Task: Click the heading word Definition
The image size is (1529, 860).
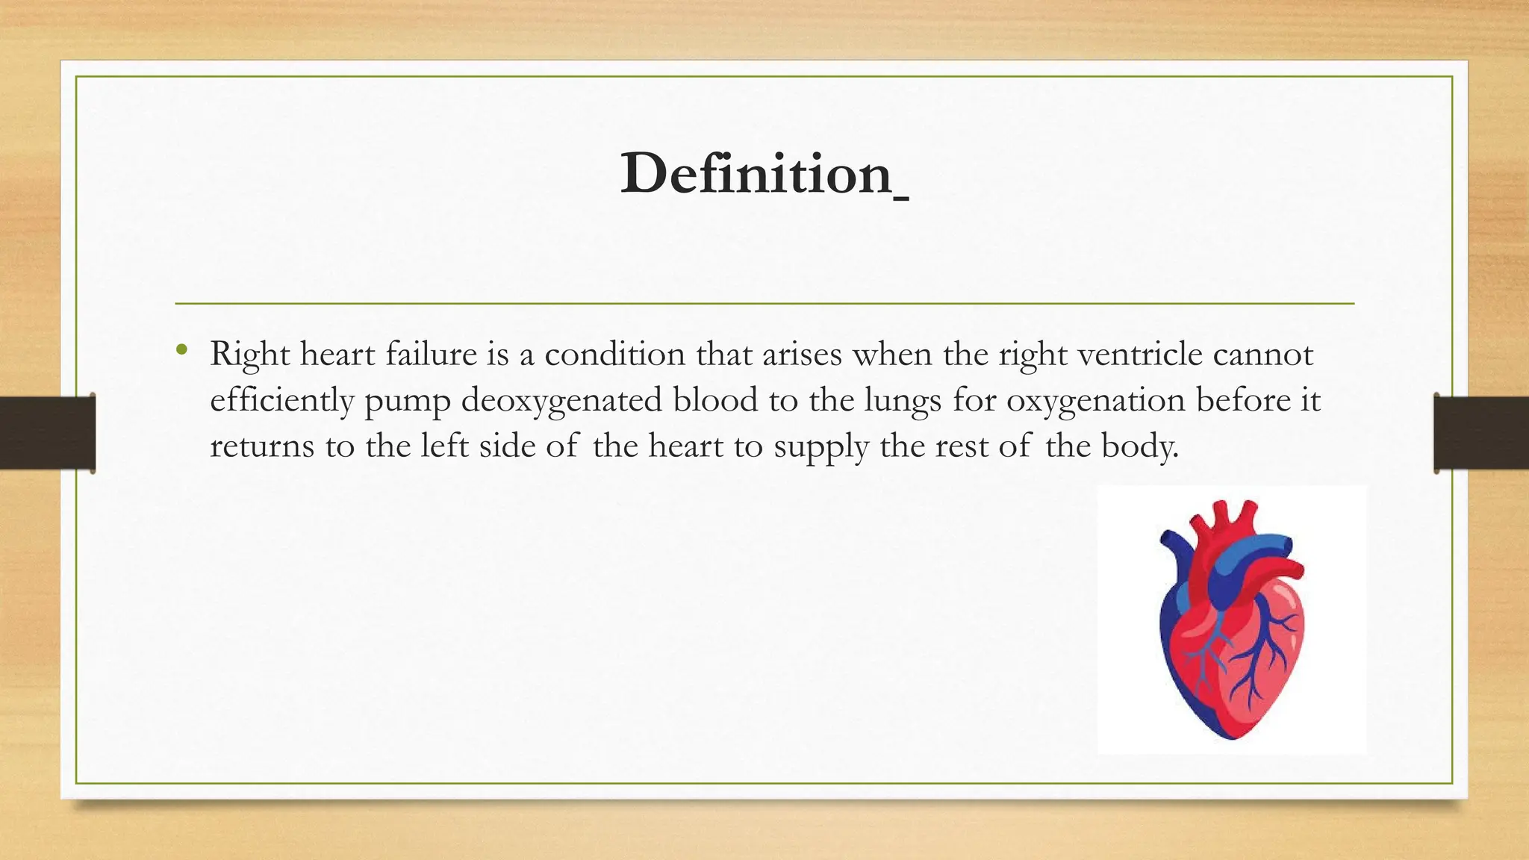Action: click(x=756, y=174)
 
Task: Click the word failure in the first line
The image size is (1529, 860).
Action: click(x=431, y=354)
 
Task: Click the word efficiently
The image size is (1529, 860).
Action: click(x=281, y=400)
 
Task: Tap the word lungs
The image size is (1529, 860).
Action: click(x=903, y=400)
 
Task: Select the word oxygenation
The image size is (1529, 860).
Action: click(x=1095, y=400)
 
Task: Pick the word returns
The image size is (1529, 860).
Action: click(x=261, y=446)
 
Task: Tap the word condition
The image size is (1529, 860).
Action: click(x=614, y=354)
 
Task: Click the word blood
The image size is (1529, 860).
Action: click(x=714, y=400)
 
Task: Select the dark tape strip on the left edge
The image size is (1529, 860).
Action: click(x=47, y=433)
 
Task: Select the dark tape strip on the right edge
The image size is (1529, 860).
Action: click(x=1481, y=433)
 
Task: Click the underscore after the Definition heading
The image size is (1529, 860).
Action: click(x=900, y=198)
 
